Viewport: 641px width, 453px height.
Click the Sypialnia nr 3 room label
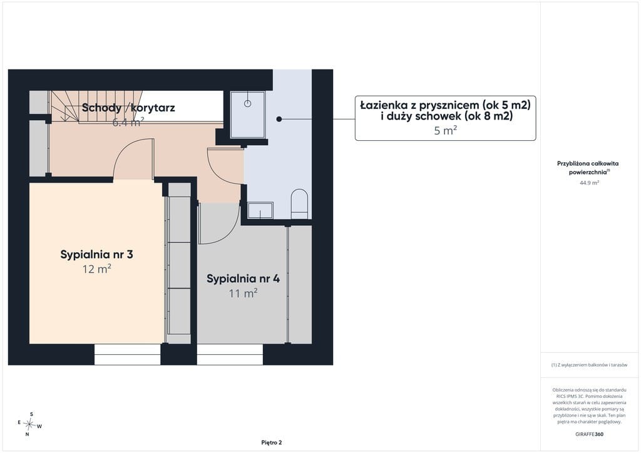96,255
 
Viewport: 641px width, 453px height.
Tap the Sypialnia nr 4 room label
244,278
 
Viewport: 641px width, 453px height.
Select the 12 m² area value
96,269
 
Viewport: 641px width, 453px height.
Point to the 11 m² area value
244,293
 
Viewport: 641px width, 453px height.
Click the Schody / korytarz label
128,108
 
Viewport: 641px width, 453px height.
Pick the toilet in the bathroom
299,204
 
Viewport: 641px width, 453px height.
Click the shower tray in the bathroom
248,115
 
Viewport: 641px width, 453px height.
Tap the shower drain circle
247,103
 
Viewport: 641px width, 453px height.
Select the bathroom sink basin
260,210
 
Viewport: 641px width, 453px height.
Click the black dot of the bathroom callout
279,120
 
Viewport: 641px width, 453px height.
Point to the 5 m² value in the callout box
445,131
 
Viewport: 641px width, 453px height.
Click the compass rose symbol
29,424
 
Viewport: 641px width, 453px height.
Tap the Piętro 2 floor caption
272,442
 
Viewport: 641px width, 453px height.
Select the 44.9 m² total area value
589,183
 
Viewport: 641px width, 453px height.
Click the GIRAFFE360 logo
589,434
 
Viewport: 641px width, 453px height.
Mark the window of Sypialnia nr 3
128,354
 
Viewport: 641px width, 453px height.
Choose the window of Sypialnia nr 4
230,354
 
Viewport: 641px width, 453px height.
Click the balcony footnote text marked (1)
589,365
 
